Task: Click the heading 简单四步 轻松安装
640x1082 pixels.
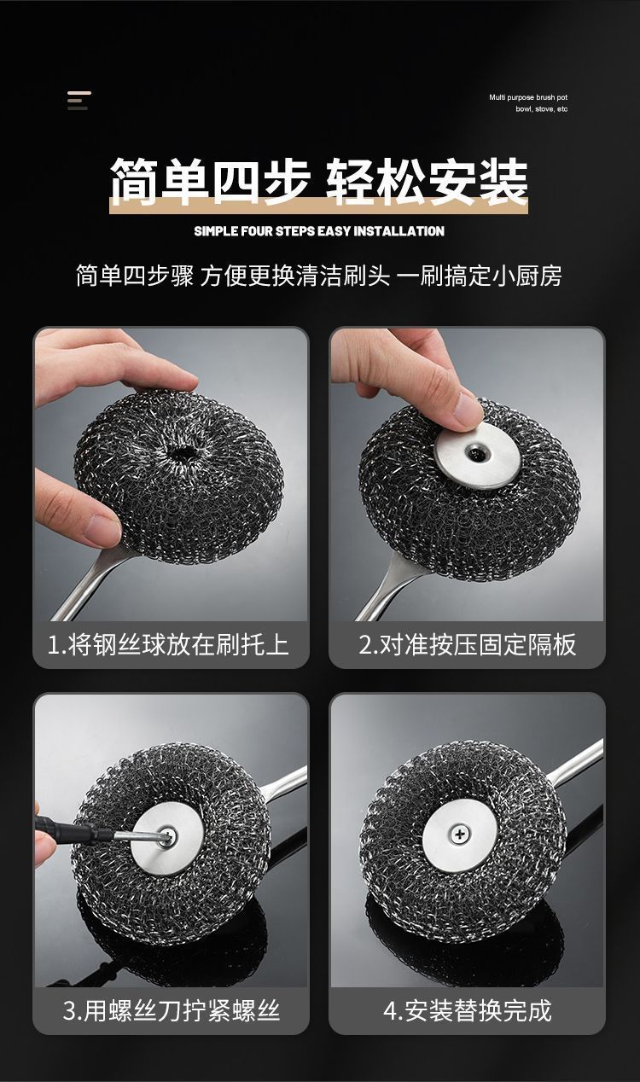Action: [319, 181]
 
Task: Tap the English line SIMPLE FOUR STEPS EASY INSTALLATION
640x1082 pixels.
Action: [319, 231]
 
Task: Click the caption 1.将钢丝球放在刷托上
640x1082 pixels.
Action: [168, 645]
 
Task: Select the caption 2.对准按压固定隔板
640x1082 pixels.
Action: [467, 645]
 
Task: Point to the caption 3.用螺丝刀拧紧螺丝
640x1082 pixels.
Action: [171, 1010]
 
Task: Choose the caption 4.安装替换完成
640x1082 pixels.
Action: [467, 1010]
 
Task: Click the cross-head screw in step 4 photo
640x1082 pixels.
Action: [459, 833]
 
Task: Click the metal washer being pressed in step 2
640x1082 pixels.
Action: [477, 456]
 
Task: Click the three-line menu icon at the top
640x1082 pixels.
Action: [79, 100]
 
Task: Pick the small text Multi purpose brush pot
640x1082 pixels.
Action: [528, 97]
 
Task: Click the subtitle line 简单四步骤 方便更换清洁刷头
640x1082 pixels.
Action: [233, 276]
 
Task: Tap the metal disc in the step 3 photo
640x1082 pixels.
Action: [166, 839]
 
